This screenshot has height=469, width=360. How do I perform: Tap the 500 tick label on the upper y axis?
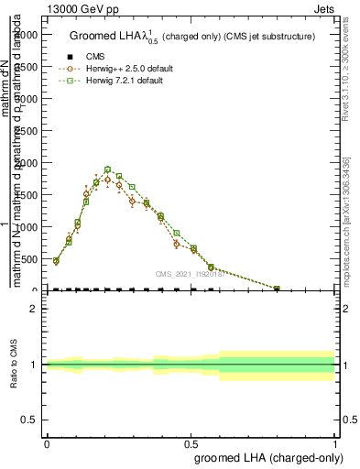[31, 259]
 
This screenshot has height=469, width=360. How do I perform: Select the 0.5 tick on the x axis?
[191, 442]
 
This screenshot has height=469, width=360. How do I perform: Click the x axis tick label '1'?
[335, 442]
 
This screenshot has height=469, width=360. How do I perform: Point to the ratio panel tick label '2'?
[34, 310]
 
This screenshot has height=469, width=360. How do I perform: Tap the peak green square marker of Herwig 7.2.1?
[107, 169]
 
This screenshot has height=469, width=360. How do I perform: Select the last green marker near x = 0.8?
[277, 289]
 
